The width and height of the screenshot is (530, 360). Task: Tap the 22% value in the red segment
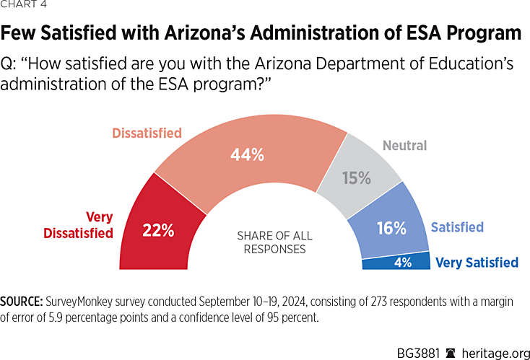pyautogui.click(x=158, y=231)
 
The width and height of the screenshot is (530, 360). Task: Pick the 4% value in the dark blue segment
pyautogui.click(x=402, y=263)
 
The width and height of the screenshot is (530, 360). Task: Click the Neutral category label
pyautogui.click(x=405, y=146)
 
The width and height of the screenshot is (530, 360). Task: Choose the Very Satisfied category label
pyautogui.click(x=477, y=263)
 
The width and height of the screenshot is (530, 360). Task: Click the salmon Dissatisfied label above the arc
pyautogui.click(x=147, y=133)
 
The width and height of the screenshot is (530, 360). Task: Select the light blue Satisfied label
pyautogui.click(x=457, y=227)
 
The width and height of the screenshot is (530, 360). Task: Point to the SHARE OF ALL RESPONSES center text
pyautogui.click(x=264, y=242)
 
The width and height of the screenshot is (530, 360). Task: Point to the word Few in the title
pyautogui.click(x=20, y=33)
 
